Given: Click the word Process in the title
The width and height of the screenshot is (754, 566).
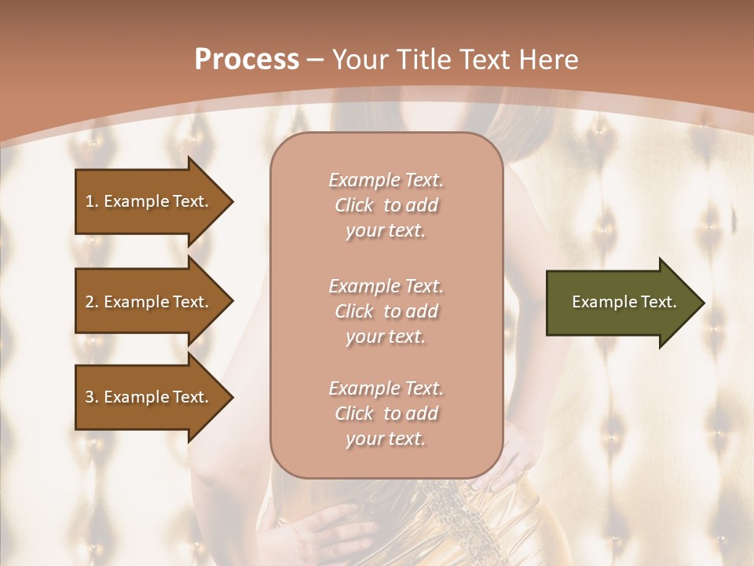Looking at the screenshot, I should point(247,60).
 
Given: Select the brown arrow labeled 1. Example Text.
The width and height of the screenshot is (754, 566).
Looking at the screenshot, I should point(149,201).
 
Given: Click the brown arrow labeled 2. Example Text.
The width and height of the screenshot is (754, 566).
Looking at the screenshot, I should point(149,302).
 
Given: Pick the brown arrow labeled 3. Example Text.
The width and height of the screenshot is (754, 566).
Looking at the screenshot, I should point(149,397).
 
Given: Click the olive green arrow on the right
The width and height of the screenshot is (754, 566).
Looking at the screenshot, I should point(620,303).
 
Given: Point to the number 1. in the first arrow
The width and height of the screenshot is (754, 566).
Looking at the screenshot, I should point(92,201).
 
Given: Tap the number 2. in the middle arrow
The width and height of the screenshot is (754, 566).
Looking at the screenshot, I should point(92,302).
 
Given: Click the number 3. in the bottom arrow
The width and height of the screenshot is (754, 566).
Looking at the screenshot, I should point(92,397).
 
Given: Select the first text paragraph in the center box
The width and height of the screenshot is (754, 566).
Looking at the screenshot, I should point(386,205).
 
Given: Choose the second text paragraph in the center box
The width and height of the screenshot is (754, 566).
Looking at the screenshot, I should point(386,311).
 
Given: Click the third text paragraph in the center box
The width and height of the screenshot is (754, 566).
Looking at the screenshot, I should point(386,413).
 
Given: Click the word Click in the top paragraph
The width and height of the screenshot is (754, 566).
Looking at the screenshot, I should point(354,206).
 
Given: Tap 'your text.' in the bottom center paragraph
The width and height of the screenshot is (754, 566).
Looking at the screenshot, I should point(386,439).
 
